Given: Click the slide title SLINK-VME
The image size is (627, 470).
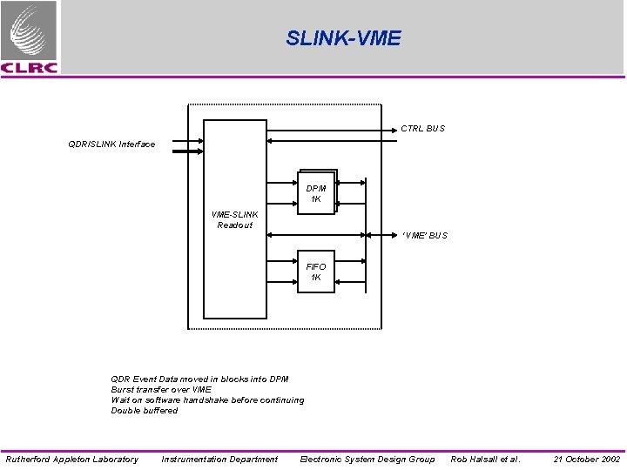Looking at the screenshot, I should point(343,38).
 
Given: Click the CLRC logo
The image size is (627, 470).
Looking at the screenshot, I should point(30,37).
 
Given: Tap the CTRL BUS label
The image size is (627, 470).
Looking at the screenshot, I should point(422,129).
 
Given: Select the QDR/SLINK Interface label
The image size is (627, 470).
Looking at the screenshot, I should point(111,144).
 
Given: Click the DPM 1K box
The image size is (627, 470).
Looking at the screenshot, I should point(316,193).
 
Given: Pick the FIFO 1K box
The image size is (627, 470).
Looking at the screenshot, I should point(316,272).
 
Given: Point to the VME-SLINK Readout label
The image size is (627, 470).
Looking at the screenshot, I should point(234,219).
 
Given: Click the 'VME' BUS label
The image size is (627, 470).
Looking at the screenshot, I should point(424,235).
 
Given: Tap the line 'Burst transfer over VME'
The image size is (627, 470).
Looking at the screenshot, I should point(161,390).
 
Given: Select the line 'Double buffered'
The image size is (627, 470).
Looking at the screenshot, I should point(144,411).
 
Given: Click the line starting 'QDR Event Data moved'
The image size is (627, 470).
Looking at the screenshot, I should point(199,379).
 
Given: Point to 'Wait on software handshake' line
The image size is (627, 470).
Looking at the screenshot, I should point(207,400).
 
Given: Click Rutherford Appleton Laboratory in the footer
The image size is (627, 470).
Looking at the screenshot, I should point(71,459).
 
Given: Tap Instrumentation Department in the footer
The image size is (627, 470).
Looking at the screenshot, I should point(219,459).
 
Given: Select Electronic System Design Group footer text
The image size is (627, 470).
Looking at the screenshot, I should point(367,459).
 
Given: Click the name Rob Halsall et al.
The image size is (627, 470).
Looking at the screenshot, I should point(485,459).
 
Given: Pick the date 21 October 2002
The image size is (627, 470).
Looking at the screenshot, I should point(587,459).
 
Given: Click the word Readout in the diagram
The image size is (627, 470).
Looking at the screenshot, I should point(234,225).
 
